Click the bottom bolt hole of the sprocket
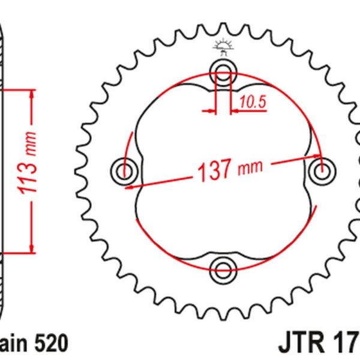(223, 266)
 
